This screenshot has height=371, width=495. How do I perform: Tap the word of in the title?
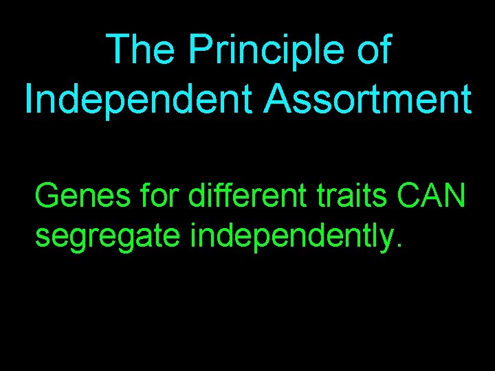coord(373,51)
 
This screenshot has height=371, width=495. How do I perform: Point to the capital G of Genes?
coord(48,196)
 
